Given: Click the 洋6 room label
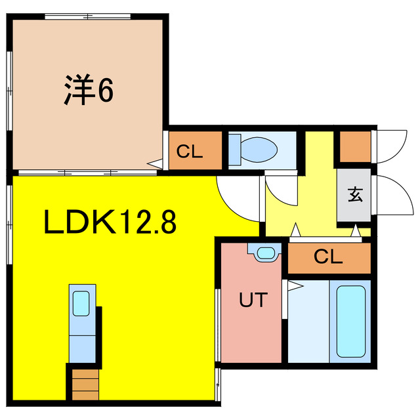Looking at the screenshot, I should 89,91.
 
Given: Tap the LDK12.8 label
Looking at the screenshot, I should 110,223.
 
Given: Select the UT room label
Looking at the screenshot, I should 253,301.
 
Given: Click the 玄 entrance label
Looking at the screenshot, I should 354,195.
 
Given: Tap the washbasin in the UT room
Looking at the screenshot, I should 265,252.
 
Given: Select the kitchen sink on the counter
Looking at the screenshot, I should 82,303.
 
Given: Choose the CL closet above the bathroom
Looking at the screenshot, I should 328,257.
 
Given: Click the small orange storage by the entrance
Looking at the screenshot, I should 354,147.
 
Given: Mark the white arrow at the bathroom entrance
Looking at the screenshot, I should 293,285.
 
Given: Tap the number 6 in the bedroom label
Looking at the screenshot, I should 105,91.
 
